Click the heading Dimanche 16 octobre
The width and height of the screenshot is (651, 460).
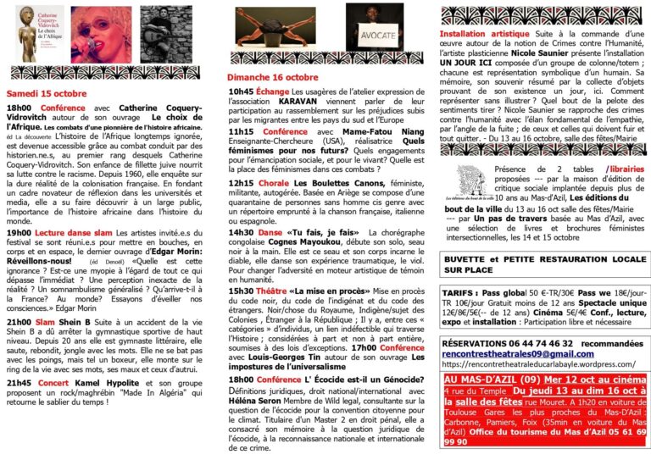[x=266, y=77]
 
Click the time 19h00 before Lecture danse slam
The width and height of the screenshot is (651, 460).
[x=19, y=231]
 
